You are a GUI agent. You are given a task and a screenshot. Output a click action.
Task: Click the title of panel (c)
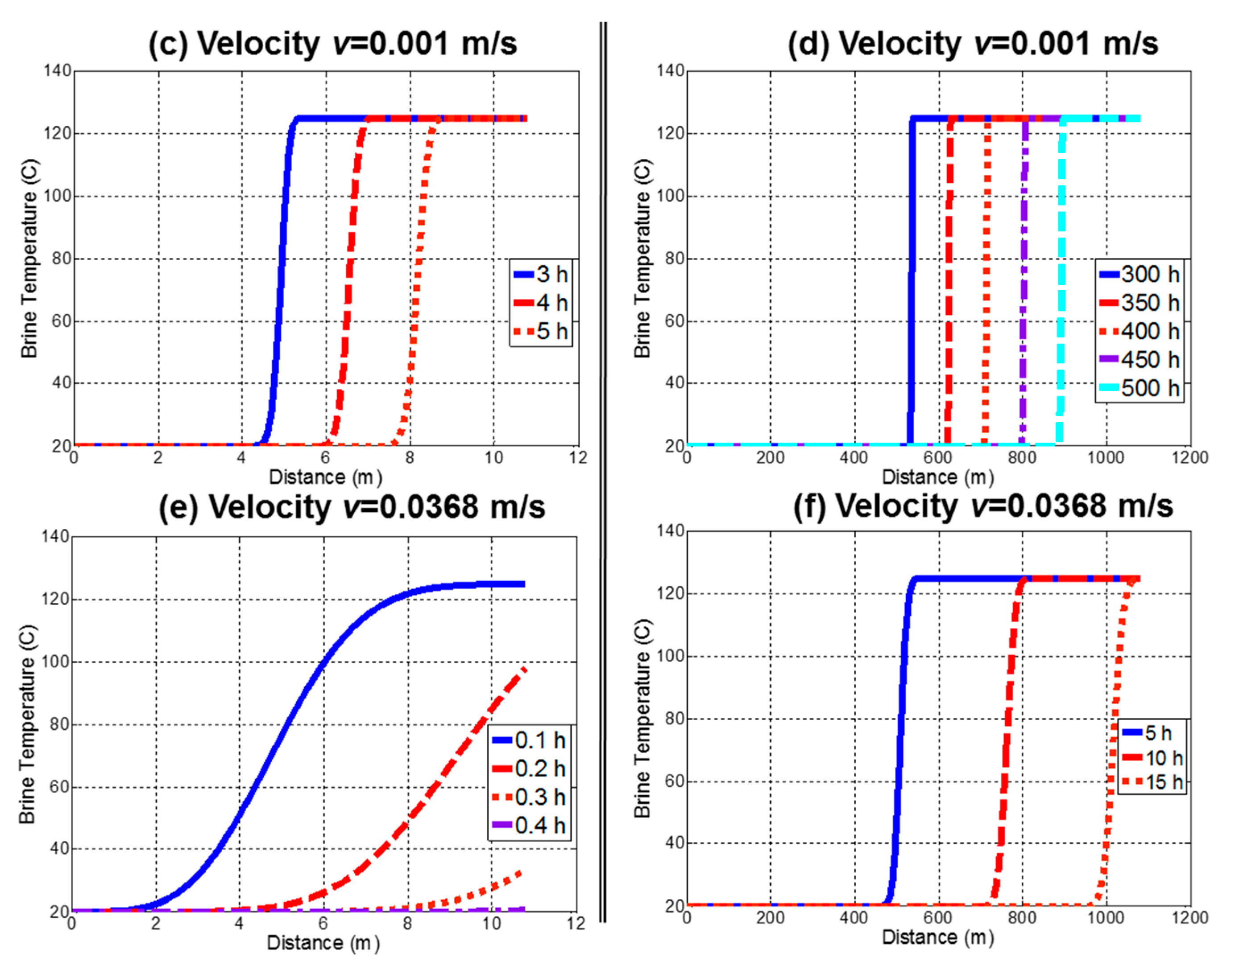click(332, 44)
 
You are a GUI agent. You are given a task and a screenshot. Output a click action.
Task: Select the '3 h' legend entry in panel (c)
click(540, 274)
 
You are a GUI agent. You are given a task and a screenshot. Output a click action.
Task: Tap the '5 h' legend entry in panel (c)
click(540, 331)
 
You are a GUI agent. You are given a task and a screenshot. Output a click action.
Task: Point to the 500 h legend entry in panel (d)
click(1140, 388)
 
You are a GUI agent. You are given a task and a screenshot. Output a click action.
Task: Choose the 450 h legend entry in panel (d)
click(1140, 360)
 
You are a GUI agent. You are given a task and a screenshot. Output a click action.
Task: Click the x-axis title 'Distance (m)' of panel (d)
click(938, 477)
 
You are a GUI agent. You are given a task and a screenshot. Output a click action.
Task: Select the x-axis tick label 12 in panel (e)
click(576, 924)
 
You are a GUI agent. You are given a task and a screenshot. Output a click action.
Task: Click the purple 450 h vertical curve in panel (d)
click(1024, 284)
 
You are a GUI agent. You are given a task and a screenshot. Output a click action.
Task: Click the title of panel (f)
click(982, 506)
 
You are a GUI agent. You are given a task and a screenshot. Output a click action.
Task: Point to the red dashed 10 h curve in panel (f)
click(1007, 737)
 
